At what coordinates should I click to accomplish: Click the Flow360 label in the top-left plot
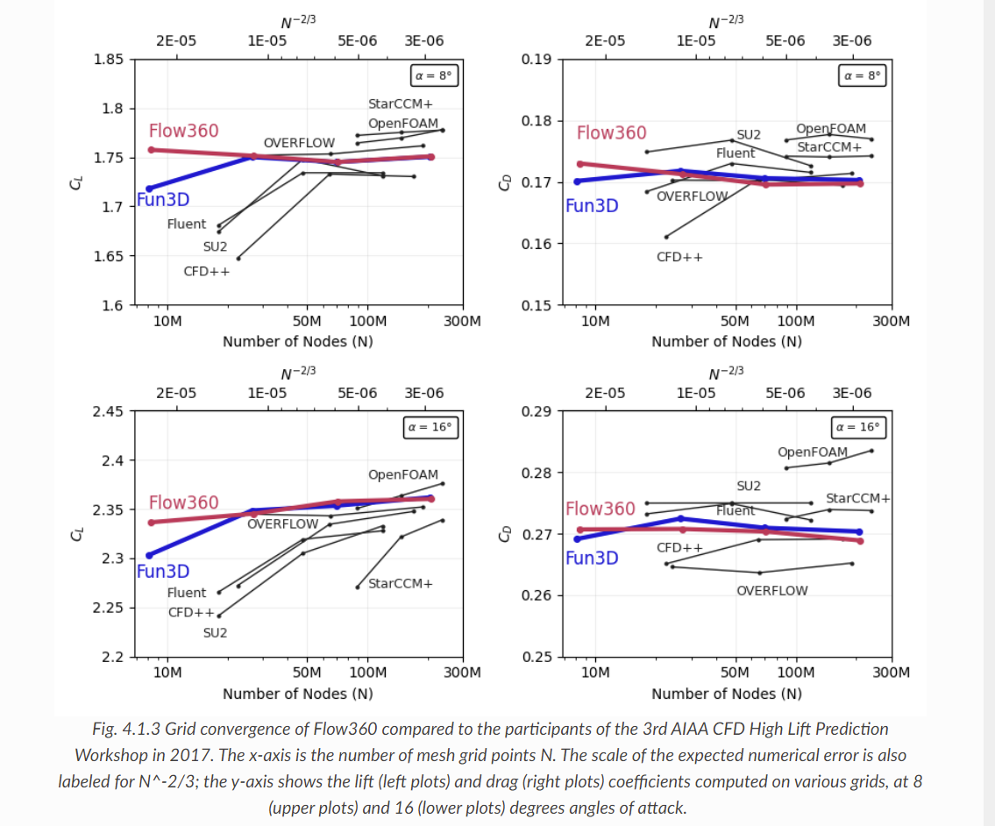[183, 131]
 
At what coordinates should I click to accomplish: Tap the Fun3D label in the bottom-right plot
[592, 559]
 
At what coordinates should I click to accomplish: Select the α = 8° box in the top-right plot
[862, 76]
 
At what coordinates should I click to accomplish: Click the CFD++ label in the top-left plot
[207, 271]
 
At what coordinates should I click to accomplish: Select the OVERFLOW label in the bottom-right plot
[771, 590]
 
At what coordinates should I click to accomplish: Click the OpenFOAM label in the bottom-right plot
[813, 452]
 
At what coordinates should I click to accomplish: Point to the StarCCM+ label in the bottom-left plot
[401, 583]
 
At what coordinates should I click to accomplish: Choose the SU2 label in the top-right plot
[749, 134]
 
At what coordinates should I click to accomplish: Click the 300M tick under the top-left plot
[462, 321]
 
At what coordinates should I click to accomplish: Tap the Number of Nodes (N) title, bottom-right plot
[726, 694]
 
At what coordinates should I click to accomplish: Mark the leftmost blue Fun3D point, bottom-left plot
[149, 555]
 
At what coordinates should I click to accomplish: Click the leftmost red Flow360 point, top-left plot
[151, 150]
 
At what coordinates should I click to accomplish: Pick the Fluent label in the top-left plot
[187, 224]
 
